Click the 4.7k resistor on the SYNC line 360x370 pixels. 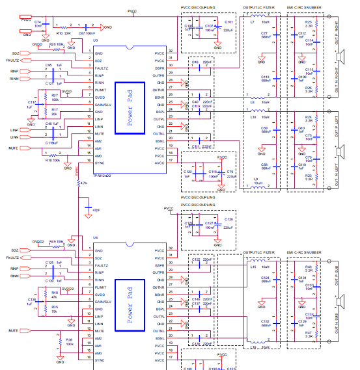point(78,184)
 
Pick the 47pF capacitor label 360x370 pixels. point(96,211)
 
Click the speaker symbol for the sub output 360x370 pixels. point(340,302)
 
